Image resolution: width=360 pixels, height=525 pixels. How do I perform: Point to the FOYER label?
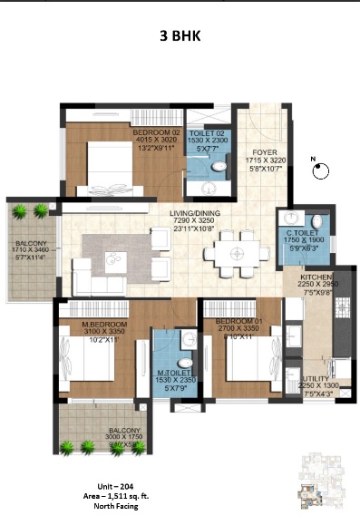(264, 152)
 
